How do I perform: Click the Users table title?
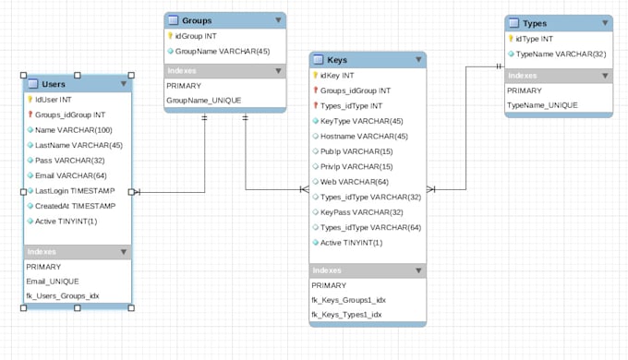(54, 84)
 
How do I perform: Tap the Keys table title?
(337, 60)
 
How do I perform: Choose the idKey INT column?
(337, 76)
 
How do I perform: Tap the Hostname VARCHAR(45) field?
(363, 136)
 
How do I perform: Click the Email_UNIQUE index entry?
(53, 281)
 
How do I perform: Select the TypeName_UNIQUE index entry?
(542, 105)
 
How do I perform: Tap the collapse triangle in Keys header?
(418, 60)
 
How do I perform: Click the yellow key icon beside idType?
(511, 39)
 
